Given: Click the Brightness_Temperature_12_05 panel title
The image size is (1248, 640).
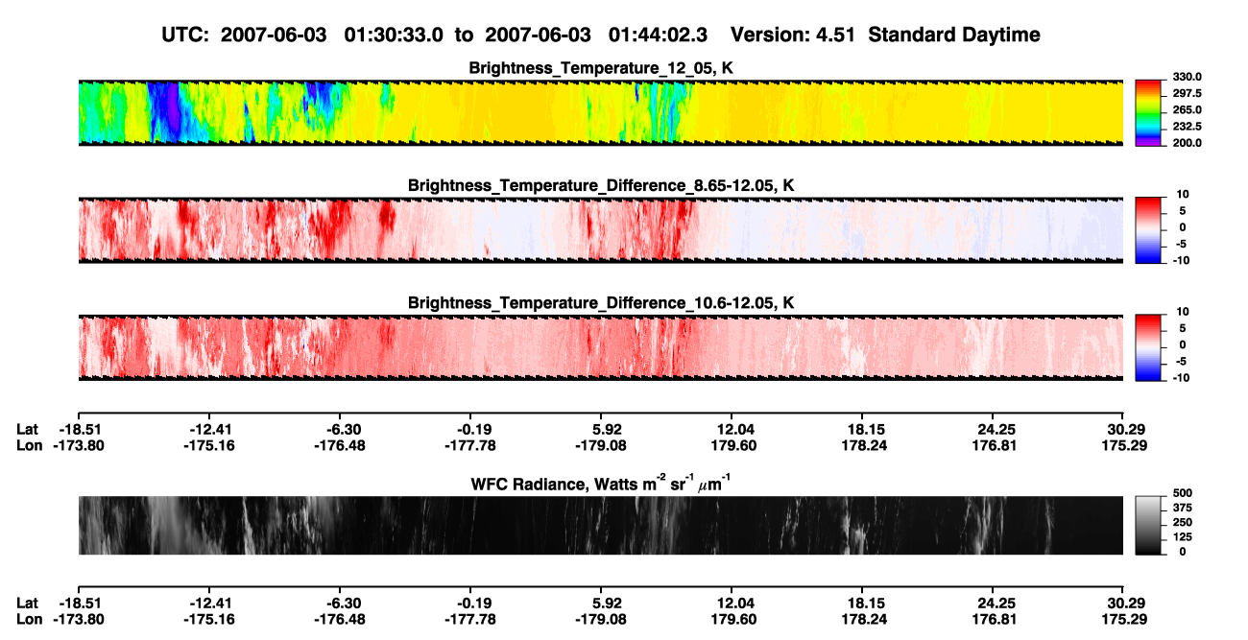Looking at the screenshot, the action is click(x=601, y=68).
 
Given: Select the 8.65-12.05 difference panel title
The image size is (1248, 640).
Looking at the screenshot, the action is click(x=601, y=185).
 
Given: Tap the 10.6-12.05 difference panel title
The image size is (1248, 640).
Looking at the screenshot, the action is click(x=601, y=303).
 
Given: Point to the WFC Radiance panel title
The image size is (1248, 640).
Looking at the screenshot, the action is click(x=601, y=483).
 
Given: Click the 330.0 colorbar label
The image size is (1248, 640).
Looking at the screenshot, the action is click(x=1187, y=77).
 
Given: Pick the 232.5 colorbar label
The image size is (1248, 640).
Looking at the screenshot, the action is click(x=1187, y=127).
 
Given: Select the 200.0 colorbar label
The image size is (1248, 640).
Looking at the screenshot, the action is click(x=1187, y=143).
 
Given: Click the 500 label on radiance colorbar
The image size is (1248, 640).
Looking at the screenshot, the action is click(x=1183, y=493).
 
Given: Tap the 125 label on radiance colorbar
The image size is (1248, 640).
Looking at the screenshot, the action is click(x=1183, y=537).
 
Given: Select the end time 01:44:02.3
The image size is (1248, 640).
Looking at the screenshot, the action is click(x=658, y=35).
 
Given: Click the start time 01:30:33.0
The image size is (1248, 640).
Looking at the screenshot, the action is click(x=394, y=35).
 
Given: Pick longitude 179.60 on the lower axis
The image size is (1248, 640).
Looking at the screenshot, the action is click(x=733, y=619).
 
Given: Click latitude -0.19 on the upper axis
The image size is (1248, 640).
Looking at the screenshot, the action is click(x=474, y=430).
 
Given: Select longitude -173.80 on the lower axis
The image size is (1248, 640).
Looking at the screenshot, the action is click(x=79, y=619).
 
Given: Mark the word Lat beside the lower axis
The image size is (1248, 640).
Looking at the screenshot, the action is click(x=27, y=603).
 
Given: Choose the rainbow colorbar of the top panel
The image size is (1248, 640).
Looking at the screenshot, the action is click(x=1148, y=113).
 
